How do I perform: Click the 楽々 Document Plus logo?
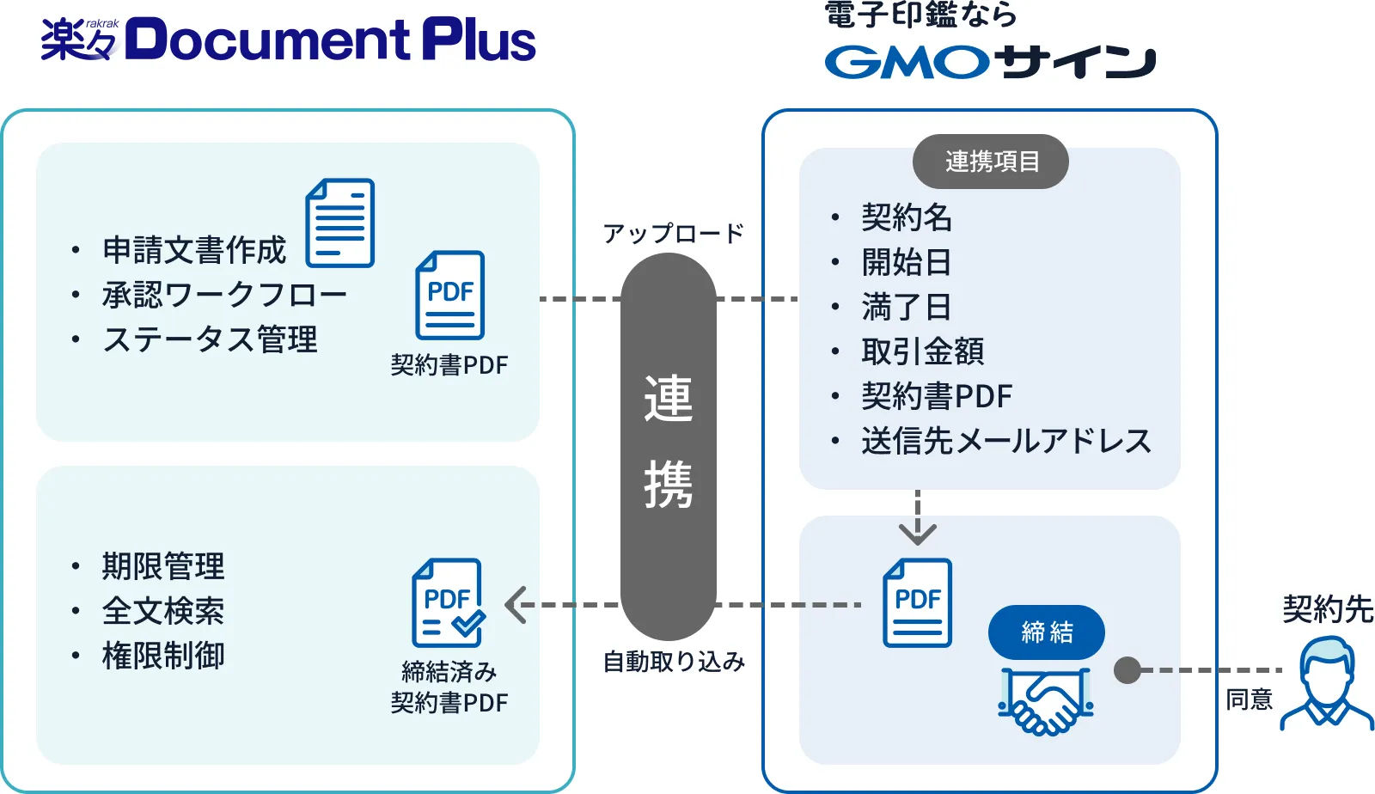click(288, 40)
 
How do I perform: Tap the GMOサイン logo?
click(990, 62)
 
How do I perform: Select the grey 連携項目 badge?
click(991, 162)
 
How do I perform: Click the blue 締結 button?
click(1046, 632)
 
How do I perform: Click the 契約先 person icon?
click(1327, 685)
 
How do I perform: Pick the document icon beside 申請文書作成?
click(340, 223)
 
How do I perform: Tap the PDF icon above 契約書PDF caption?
click(450, 295)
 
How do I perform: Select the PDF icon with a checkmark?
click(448, 603)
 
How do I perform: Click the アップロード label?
click(673, 234)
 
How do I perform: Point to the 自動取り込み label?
click(673, 662)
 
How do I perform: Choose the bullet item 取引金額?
click(922, 351)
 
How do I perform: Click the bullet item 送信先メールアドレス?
click(1005, 441)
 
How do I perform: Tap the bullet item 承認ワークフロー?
click(224, 295)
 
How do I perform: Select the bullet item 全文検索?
click(163, 611)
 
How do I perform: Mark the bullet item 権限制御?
click(163, 656)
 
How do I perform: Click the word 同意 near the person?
click(1249, 699)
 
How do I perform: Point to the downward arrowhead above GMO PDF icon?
click(918, 534)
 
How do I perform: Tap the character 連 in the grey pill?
click(669, 399)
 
